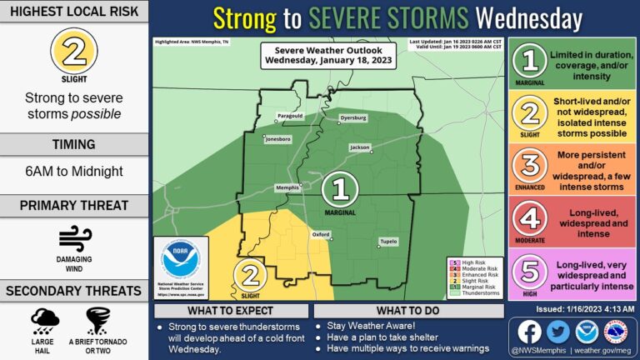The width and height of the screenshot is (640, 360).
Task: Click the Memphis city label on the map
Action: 287,187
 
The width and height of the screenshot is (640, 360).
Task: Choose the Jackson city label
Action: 359,147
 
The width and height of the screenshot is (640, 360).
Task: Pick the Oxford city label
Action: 321,235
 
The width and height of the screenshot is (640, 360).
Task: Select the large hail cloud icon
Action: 44,320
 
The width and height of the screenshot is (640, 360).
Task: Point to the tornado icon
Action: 99,320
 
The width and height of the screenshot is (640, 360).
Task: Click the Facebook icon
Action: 529,332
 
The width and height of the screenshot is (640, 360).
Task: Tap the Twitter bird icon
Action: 557,332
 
